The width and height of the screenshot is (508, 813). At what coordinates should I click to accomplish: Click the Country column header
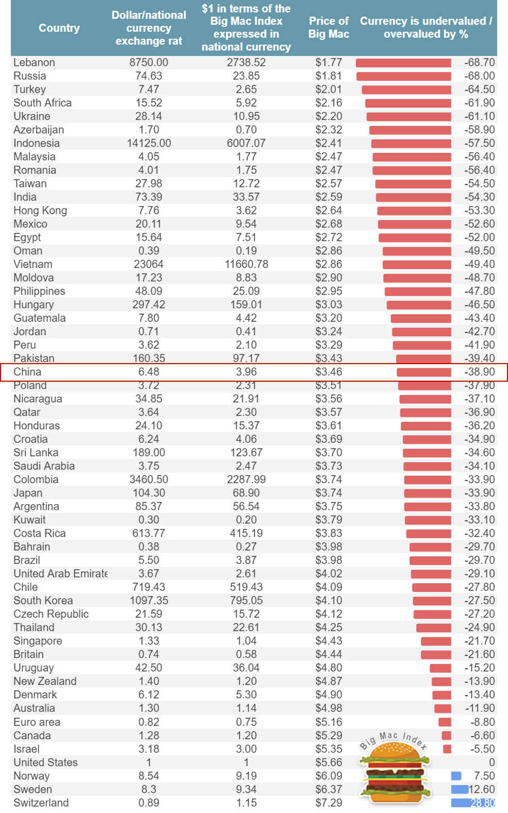point(59,28)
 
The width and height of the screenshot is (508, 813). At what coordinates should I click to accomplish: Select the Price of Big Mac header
point(329,27)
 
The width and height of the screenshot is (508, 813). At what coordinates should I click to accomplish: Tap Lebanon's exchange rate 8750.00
point(149,62)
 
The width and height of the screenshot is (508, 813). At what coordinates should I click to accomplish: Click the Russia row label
point(30,76)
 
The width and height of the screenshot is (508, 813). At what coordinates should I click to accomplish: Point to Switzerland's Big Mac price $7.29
point(329,803)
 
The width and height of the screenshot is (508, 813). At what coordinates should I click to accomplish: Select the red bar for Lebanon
point(403,63)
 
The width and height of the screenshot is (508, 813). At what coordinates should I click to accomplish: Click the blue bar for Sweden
point(460,789)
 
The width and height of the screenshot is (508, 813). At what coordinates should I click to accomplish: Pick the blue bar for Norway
point(456,776)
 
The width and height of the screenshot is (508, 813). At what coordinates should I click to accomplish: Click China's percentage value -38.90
point(479,372)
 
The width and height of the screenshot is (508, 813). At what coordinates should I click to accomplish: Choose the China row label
point(27,372)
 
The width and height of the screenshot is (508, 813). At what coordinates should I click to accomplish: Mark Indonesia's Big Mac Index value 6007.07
point(246,143)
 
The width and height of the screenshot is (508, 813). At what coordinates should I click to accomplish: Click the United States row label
point(45,762)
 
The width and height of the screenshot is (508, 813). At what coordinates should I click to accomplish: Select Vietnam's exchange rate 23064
point(149,264)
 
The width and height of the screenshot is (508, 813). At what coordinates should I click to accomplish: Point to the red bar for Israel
point(447,749)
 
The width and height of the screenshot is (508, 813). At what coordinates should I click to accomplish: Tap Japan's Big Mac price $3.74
point(329,493)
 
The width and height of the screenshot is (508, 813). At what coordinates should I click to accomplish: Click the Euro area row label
point(37,722)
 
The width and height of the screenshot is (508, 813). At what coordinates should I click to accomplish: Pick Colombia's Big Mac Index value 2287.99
point(246,479)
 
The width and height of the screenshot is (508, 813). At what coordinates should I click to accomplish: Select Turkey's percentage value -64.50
point(479,89)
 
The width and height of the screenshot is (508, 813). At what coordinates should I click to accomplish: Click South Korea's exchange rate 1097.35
point(149,601)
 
